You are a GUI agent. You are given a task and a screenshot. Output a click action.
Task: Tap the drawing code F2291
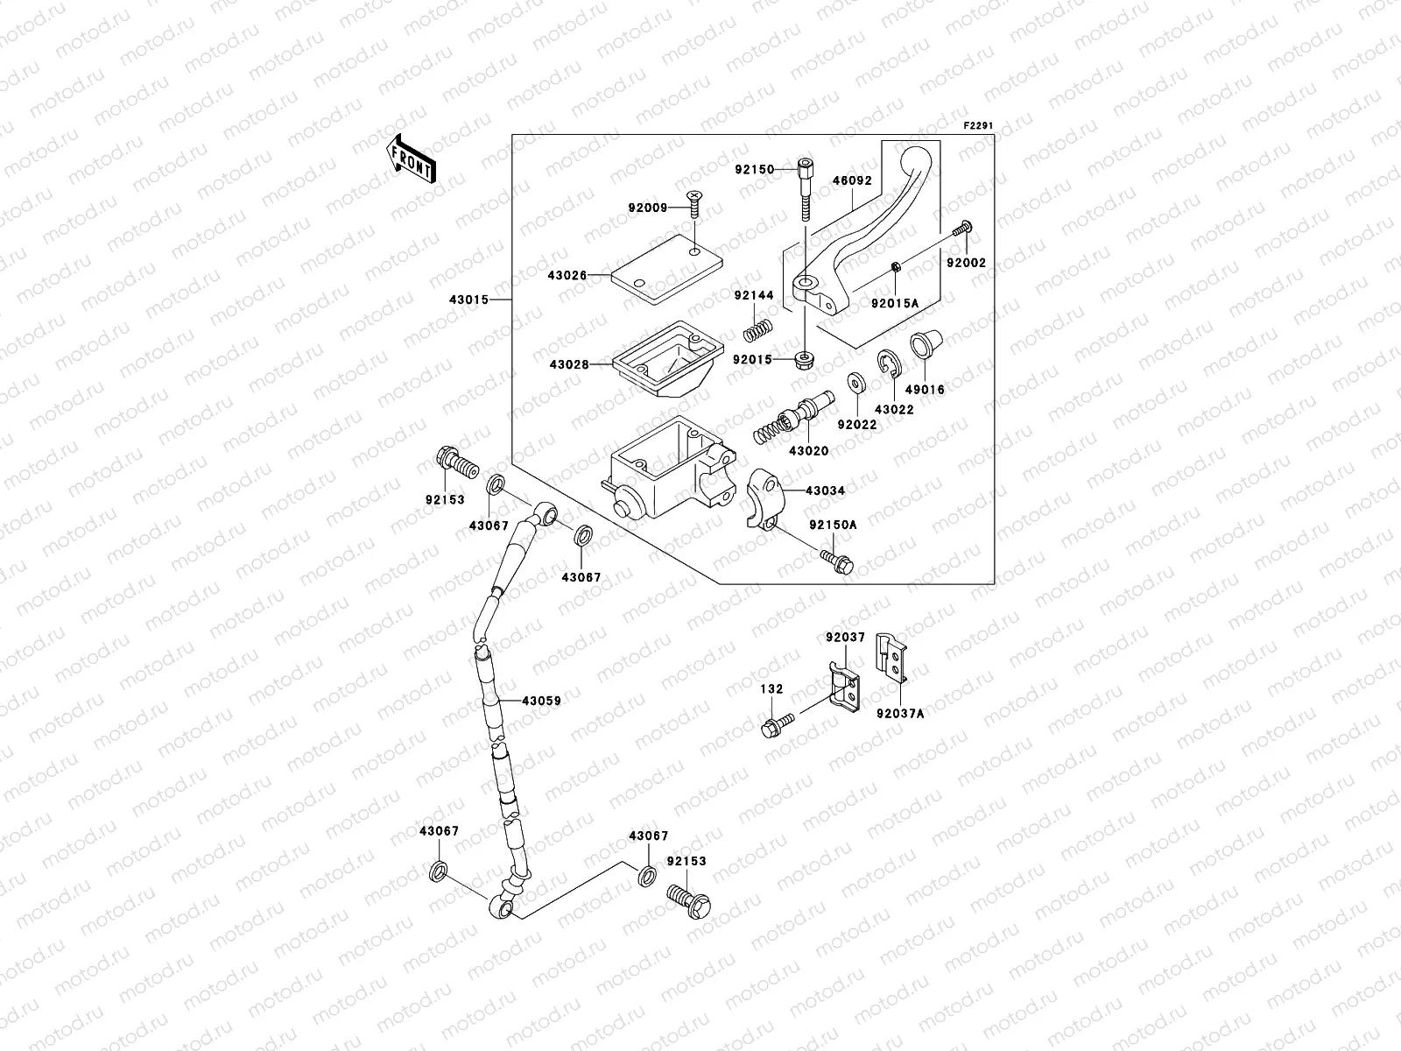(x=978, y=126)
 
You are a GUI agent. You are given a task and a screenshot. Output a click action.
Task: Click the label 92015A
(x=894, y=303)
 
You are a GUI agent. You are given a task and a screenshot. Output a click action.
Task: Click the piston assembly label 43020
(x=808, y=450)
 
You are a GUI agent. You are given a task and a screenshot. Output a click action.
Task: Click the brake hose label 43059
(x=541, y=701)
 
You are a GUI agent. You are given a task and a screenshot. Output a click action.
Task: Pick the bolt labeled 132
(x=779, y=723)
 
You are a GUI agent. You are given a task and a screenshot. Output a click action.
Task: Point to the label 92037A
(x=899, y=713)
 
